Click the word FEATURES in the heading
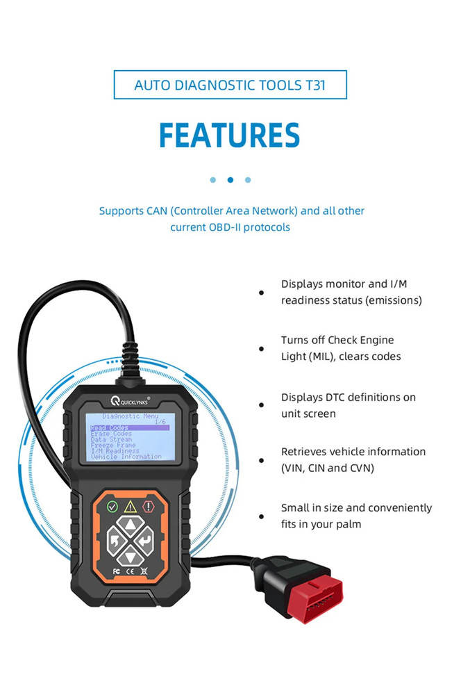[x=230, y=135]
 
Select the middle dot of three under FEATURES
[x=230, y=180]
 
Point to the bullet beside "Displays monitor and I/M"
[x=262, y=293]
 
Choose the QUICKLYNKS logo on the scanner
[x=129, y=402]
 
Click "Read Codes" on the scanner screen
[x=110, y=427]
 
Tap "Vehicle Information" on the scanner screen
[x=126, y=457]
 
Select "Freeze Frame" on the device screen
[x=113, y=445]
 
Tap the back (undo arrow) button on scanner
[x=114, y=541]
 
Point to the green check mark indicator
[x=112, y=507]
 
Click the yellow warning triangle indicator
[x=130, y=507]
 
